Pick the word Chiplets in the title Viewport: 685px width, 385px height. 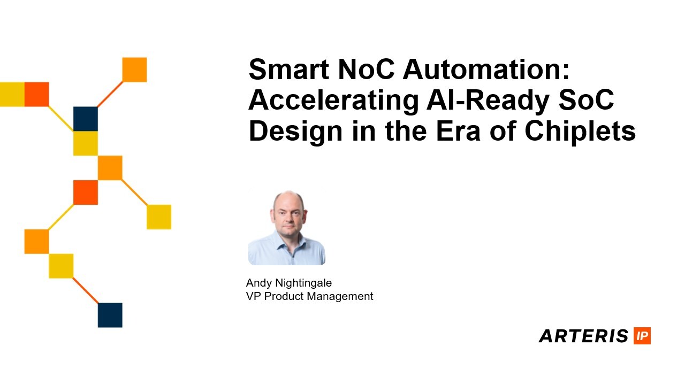pos(580,132)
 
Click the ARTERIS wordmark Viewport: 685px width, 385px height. pos(583,336)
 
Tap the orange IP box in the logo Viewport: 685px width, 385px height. pos(642,336)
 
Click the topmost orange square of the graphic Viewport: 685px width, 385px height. pos(134,70)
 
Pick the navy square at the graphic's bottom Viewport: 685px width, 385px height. pos(110,315)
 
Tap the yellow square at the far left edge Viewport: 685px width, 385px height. pos(11,94)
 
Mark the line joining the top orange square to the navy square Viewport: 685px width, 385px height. pos(110,94)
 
